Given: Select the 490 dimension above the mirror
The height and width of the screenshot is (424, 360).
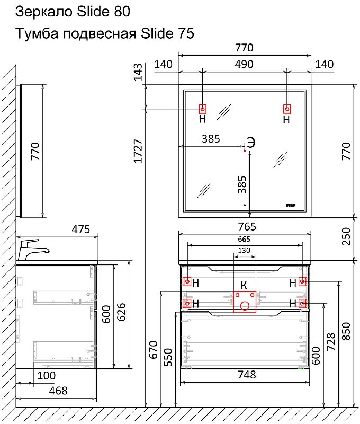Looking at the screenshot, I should coord(244,65).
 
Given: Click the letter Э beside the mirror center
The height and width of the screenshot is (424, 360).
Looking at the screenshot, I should coord(251,142).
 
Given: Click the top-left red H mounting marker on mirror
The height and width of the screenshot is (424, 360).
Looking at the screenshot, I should coord(202,109).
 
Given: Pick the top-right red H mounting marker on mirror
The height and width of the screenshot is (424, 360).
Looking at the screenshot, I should coord(287,109).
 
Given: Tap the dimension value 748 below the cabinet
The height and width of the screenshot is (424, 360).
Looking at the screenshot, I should coord(244,375).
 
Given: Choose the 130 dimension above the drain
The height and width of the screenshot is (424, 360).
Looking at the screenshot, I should coord(244,250).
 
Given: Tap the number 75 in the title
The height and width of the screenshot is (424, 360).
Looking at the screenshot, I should coord(182,34).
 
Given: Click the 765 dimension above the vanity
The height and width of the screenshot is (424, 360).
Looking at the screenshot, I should coord(244,227).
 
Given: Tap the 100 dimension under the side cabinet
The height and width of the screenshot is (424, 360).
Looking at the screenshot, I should coord(47,376).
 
